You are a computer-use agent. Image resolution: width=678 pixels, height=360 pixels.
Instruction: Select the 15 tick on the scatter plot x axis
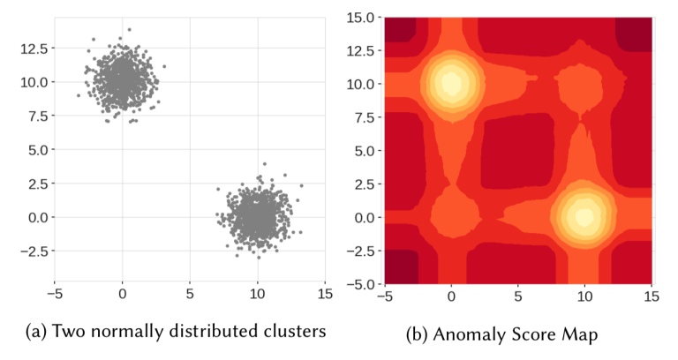point(324,294)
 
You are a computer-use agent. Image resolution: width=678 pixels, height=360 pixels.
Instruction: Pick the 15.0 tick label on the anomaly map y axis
point(363,17)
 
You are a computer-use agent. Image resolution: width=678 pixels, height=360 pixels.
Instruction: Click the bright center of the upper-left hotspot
point(451,84)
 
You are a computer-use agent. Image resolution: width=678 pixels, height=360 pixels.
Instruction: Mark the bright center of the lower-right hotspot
point(584,216)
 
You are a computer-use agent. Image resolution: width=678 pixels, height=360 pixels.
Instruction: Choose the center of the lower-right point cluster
point(256,216)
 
